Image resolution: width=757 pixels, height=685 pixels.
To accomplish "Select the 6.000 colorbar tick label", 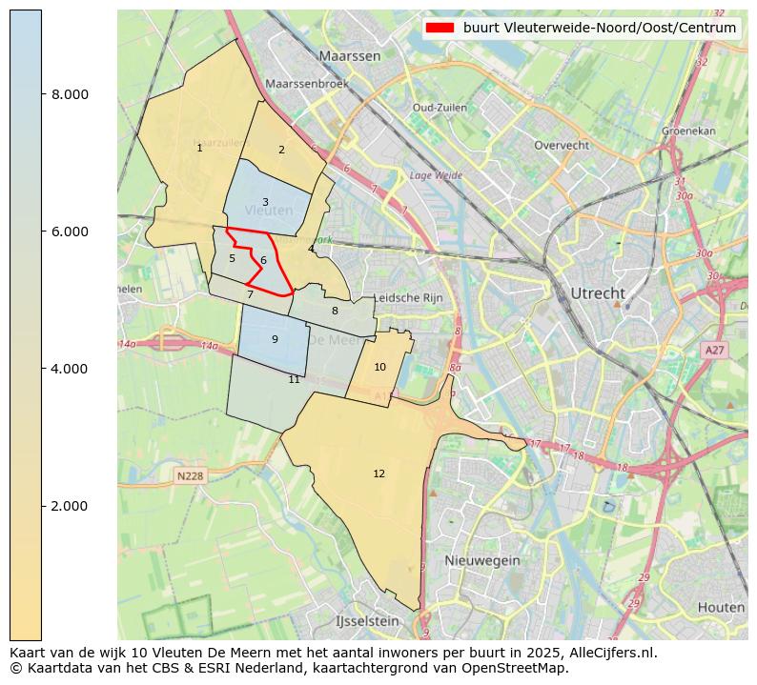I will click(70, 232).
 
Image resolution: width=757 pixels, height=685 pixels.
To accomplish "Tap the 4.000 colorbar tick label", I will click(70, 369).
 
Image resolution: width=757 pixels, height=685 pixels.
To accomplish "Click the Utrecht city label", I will click(597, 292).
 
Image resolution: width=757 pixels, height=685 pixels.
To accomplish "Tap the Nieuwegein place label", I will click(481, 560).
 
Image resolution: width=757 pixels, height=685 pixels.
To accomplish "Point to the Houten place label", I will click(721, 607).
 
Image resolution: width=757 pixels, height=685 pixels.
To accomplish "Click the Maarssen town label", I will click(350, 56).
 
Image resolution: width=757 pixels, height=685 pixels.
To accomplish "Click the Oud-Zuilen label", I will click(439, 108).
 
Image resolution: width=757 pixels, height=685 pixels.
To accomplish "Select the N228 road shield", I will click(191, 475).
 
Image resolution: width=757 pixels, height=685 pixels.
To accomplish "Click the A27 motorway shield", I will click(715, 351).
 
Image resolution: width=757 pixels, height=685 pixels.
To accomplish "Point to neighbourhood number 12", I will click(378, 473).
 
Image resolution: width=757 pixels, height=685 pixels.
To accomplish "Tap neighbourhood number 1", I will click(199, 148).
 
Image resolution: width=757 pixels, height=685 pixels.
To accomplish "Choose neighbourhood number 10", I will click(379, 367).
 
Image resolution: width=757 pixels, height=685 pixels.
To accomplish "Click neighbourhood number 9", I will click(275, 339).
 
